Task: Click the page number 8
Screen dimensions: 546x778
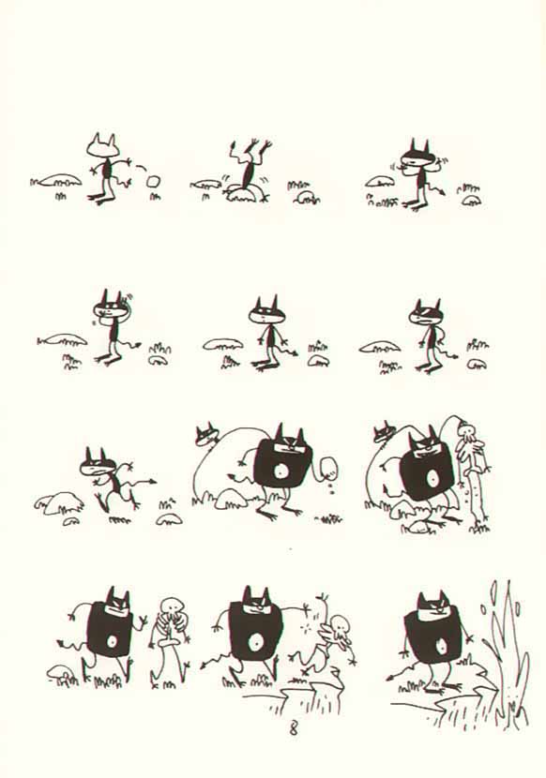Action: pos(293,729)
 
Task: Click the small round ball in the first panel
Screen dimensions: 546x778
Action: pos(154,181)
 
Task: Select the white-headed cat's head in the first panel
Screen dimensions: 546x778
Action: pos(103,146)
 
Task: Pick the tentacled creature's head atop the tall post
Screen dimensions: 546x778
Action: pos(467,429)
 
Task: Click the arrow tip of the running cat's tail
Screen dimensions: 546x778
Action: pos(153,481)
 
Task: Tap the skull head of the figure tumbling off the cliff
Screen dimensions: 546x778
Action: pos(340,624)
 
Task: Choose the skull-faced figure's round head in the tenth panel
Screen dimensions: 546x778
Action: pos(172,606)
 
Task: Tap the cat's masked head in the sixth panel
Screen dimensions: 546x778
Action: pos(425,312)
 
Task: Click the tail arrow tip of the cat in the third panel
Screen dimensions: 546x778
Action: pos(442,190)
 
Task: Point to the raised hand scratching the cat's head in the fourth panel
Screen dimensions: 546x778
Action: pos(121,301)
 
